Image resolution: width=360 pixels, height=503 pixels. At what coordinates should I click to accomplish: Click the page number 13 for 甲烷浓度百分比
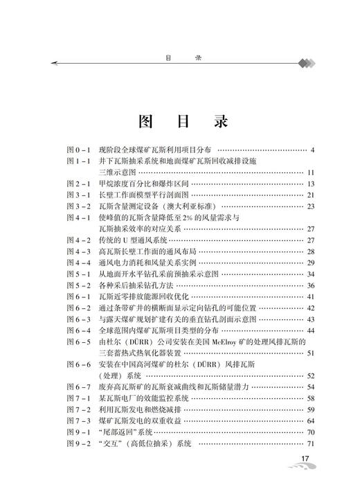point(311,184)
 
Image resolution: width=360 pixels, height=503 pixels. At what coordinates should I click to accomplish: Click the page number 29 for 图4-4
point(311,263)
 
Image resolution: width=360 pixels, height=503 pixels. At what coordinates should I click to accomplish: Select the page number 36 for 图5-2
point(311,285)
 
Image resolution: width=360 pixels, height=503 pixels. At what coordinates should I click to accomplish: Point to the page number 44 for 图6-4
point(311,330)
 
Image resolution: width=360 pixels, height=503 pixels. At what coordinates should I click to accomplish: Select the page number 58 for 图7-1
point(311,398)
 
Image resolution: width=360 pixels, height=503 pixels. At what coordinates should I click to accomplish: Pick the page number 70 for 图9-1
point(311,432)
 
